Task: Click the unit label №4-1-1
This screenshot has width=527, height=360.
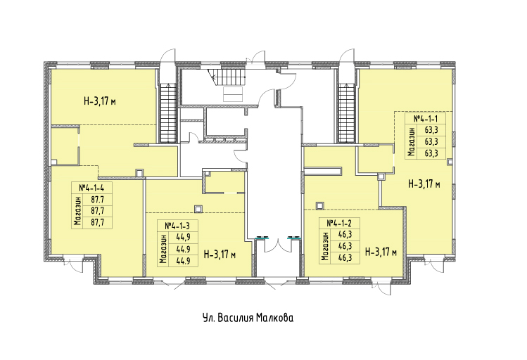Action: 426,119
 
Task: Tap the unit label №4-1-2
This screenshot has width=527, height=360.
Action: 339,223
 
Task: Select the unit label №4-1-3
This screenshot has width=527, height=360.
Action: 177,226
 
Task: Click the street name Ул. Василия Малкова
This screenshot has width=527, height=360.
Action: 248,318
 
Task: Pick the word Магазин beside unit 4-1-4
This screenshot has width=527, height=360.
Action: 78,211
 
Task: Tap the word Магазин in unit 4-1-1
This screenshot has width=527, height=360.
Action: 411,141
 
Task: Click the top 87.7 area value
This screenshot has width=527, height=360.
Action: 98,200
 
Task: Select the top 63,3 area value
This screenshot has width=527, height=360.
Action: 431,130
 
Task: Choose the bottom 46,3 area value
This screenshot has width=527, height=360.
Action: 345,257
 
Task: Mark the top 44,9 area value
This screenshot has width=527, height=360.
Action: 184,238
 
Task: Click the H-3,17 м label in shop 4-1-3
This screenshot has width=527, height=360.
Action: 220,255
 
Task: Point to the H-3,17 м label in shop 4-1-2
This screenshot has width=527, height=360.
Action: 381,252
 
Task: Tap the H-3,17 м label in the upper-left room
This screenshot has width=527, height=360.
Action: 100,101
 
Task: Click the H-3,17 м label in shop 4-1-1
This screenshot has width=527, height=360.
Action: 424,184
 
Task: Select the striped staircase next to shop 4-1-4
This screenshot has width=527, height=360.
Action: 167,113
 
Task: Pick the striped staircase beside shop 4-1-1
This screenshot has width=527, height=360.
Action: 346,113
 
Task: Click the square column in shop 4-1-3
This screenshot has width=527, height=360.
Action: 198,209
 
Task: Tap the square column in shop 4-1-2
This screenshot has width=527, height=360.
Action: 320,205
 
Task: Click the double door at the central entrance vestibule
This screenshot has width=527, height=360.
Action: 278,244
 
